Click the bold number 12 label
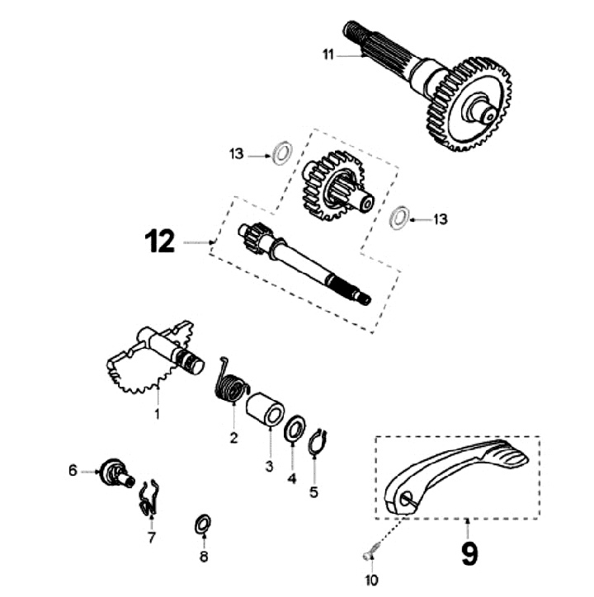[x=160, y=242]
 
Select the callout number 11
[x=328, y=55]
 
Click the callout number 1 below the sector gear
[x=158, y=414]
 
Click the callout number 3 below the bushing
[x=268, y=467]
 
